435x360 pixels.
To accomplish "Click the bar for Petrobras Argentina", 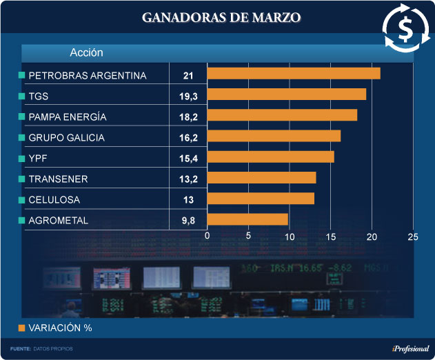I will pos(294,73).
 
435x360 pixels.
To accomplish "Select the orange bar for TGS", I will pos(287,94).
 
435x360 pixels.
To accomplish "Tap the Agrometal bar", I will pos(247,220).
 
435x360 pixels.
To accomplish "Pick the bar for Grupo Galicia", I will pos(274,136).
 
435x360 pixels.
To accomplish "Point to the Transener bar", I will pos(261,178).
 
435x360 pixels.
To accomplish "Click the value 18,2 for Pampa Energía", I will pos(188,117).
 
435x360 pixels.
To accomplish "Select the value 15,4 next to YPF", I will pos(188,159).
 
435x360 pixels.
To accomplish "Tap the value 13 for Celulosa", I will pos(188,200).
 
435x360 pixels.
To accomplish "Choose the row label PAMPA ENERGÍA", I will pos(68,117).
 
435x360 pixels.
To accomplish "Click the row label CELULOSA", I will pos(54,200).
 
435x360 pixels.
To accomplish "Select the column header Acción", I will pos(86,52).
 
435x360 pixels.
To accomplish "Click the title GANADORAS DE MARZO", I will pos(221,17).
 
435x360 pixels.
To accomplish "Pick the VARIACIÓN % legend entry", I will pos(59,328).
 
